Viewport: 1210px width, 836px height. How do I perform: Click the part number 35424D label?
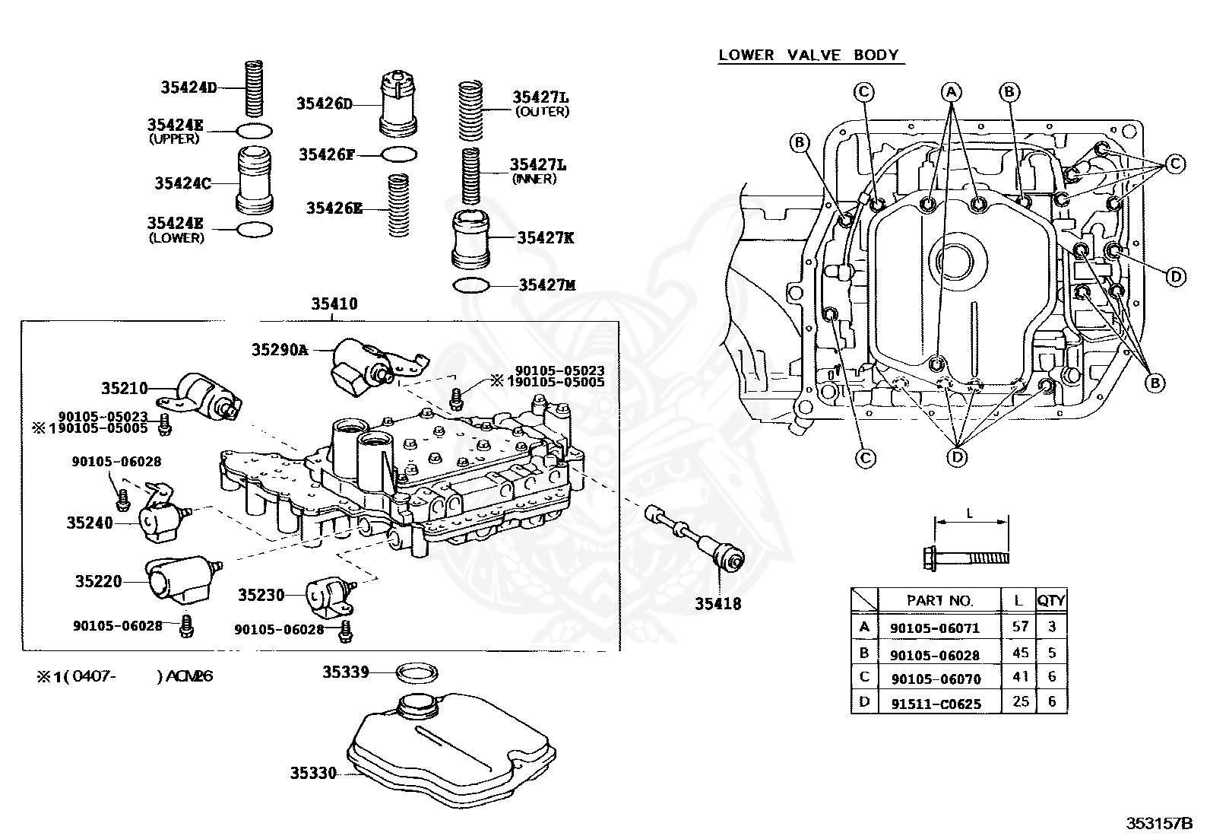188,87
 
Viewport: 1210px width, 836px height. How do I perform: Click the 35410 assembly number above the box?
334,304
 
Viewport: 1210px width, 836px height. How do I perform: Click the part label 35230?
261,595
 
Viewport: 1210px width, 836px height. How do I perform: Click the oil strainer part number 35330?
312,774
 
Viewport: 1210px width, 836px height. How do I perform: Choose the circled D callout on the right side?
1176,276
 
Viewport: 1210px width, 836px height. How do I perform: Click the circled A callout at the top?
951,92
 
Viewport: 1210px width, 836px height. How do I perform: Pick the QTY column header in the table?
1051,600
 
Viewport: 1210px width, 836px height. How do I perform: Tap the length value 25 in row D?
1020,701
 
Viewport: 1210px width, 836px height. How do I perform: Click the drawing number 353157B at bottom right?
1160,823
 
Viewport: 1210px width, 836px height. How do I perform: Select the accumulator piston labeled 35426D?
398,104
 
